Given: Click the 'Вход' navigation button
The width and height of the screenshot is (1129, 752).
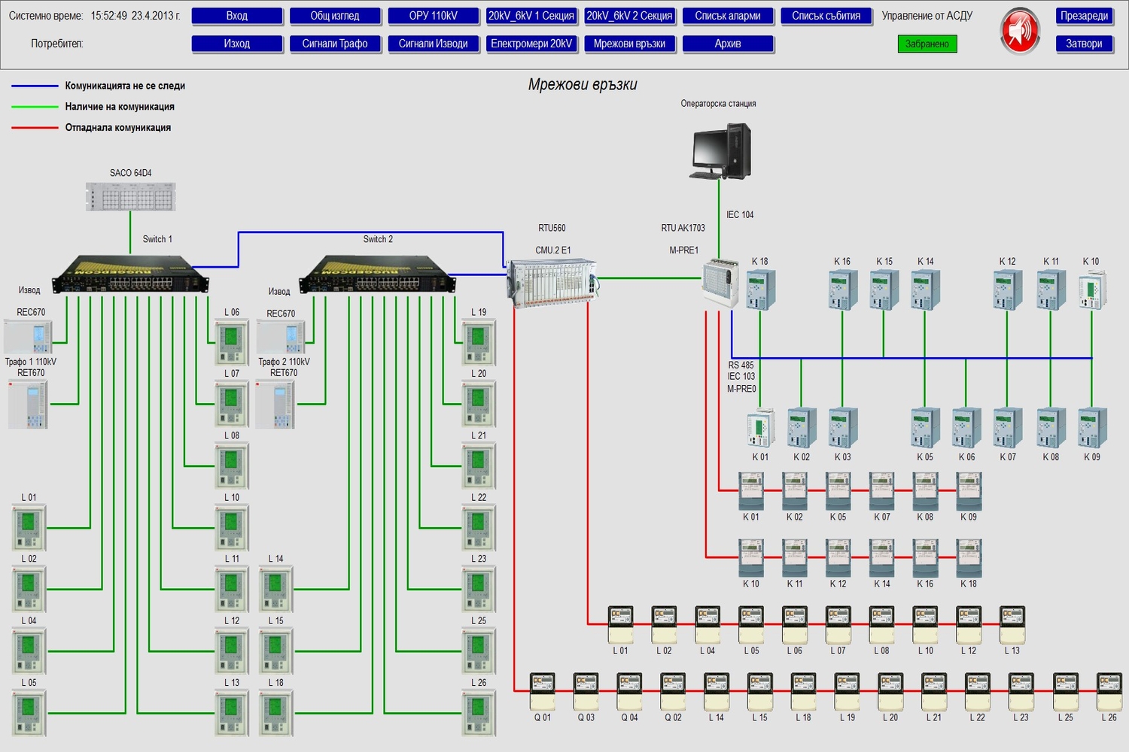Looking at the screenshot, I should pos(237,16).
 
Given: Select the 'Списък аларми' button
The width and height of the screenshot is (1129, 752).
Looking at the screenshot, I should pos(727,16).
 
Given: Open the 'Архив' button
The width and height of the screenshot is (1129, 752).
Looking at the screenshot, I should pos(727,44).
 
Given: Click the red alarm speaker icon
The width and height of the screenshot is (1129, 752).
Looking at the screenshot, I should pos(1020,31).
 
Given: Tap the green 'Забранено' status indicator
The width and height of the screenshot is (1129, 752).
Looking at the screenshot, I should pos(927,44).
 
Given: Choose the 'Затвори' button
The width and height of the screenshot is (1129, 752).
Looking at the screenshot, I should pos(1084,44).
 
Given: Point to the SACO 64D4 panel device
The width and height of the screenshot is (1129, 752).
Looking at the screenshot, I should pos(131,196).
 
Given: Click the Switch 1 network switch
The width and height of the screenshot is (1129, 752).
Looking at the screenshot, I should pos(129,274).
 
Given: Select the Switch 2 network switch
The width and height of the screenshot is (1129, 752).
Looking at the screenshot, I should pos(377,274).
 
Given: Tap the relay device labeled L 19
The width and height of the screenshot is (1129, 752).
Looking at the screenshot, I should pos(479,342).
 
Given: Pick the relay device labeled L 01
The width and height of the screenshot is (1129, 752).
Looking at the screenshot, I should pos(29,527).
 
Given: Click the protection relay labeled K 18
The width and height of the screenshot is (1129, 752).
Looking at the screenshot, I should pos(760,290).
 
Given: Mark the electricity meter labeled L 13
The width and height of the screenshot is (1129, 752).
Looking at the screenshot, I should pos(1012,624).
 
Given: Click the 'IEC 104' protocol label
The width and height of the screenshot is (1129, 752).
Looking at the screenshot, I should pos(740,215).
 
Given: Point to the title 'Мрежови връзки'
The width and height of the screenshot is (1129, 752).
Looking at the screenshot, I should pos(583,85).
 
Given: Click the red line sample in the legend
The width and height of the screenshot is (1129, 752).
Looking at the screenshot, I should pos(35,128).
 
